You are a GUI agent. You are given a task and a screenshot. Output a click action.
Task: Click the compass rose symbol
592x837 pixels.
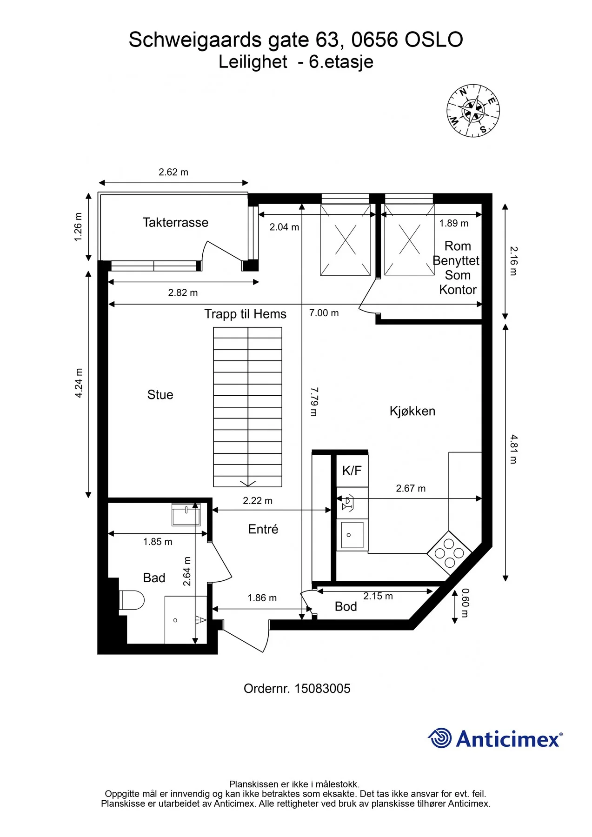click(x=473, y=111)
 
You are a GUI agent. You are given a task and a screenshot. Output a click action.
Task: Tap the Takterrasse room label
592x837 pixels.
click(x=175, y=222)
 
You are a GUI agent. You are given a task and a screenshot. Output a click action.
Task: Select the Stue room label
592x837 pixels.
click(x=160, y=395)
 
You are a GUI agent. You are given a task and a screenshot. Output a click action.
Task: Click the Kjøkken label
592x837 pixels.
click(x=412, y=411)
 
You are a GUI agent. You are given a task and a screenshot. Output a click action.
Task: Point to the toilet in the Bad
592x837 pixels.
click(x=132, y=600)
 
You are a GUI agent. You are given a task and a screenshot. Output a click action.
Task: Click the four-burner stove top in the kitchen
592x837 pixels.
click(x=449, y=553)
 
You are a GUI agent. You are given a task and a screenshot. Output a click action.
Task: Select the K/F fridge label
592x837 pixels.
click(x=352, y=471)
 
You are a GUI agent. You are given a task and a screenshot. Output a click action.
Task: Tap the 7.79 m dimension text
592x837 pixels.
click(x=314, y=401)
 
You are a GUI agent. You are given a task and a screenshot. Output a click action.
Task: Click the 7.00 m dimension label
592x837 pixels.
click(x=324, y=313)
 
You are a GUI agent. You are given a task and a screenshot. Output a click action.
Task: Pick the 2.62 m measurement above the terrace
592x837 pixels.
click(x=173, y=172)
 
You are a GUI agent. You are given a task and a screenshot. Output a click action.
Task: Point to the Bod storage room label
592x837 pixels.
click(x=346, y=606)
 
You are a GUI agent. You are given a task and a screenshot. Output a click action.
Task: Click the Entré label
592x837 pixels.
click(x=263, y=529)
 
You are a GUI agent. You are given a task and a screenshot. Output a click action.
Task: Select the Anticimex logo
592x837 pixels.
click(x=495, y=738)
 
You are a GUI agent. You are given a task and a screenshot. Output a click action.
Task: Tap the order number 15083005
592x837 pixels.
click(x=322, y=689)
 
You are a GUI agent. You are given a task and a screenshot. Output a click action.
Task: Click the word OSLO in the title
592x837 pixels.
click(x=434, y=40)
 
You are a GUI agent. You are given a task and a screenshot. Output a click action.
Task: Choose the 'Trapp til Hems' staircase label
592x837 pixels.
click(x=246, y=314)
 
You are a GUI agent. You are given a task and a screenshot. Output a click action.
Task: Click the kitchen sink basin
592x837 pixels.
click(x=352, y=535)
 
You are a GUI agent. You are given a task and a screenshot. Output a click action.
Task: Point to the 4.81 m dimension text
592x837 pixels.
click(x=514, y=449)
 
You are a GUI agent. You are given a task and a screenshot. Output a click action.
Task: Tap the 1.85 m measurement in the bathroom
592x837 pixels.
click(x=158, y=542)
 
